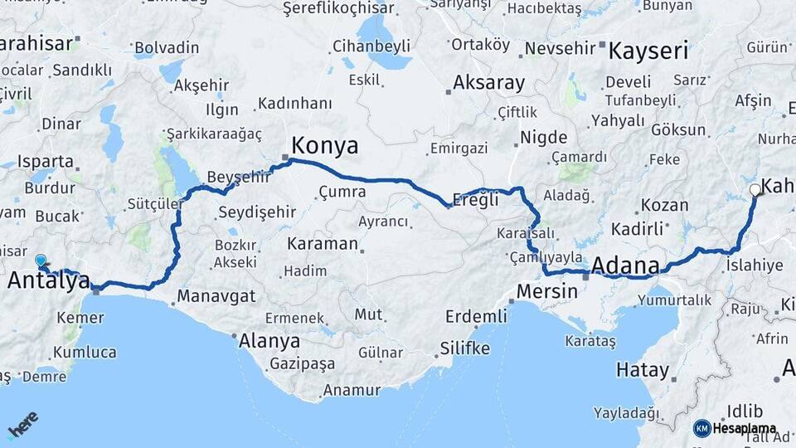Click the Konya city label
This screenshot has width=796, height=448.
pos(324,147)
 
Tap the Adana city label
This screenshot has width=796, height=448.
pos(625,266)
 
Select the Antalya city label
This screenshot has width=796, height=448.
pos(48,281)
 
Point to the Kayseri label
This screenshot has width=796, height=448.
pos(648,51)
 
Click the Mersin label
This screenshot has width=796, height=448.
pos(546,291)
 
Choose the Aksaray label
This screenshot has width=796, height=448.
pos(488,83)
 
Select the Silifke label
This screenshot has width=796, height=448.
pos(465,348)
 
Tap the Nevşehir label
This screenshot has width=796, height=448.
pos(560,48)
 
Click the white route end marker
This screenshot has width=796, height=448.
pos(755,190)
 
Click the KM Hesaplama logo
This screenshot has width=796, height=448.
pos(735,428)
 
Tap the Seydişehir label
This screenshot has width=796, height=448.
pos(256,212)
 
